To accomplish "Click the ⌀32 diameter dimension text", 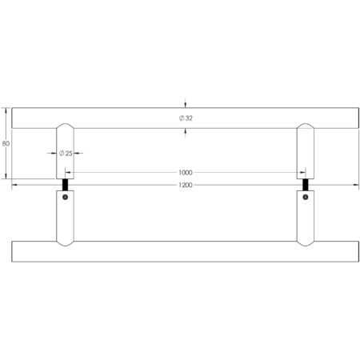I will (186, 118).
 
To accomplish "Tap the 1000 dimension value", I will (186, 172).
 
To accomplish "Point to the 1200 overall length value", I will (186, 185).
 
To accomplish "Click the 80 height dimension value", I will (6, 143).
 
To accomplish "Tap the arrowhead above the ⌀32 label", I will (186, 103).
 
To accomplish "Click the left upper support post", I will (65, 152).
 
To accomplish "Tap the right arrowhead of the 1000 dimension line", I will (303, 172).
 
